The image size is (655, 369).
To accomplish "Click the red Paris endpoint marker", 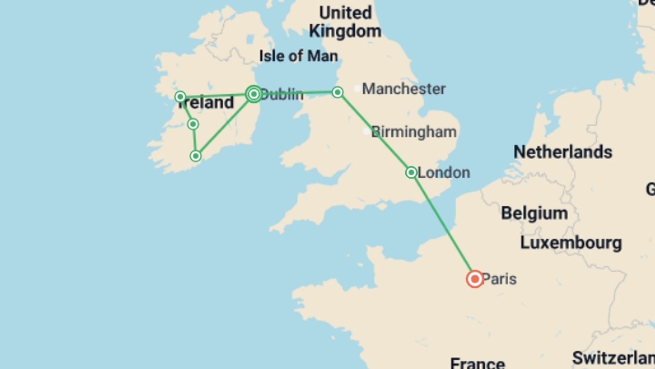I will pyautogui.click(x=475, y=279).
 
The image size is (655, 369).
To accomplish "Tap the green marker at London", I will pyautogui.click(x=411, y=172).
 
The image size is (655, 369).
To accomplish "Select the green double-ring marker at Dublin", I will pyautogui.click(x=254, y=94).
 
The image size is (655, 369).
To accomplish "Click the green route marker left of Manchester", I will pyautogui.click(x=337, y=92).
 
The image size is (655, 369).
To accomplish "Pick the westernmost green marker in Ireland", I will pyautogui.click(x=180, y=97).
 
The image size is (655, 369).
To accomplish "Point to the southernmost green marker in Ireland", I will pyautogui.click(x=195, y=156).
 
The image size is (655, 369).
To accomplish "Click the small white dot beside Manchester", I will pyautogui.click(x=357, y=88).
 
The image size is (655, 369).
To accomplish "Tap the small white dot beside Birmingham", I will pyautogui.click(x=366, y=132).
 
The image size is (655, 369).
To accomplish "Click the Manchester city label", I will pyautogui.click(x=404, y=89).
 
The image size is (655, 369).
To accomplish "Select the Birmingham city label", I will pyautogui.click(x=413, y=132).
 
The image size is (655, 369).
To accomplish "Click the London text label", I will pyautogui.click(x=443, y=173).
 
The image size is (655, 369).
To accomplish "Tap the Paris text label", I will pyautogui.click(x=499, y=279).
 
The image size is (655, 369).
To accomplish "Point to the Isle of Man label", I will pyautogui.click(x=299, y=56).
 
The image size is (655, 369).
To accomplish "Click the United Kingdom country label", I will pyautogui.click(x=345, y=22).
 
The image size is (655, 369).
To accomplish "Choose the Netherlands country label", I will pyautogui.click(x=563, y=152).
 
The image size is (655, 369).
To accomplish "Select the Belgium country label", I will pyautogui.click(x=534, y=214).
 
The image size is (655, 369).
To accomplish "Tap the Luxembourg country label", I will pyautogui.click(x=571, y=243).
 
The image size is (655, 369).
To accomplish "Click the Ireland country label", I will pyautogui.click(x=206, y=102).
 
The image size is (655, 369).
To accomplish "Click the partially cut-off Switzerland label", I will pyautogui.click(x=613, y=358).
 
